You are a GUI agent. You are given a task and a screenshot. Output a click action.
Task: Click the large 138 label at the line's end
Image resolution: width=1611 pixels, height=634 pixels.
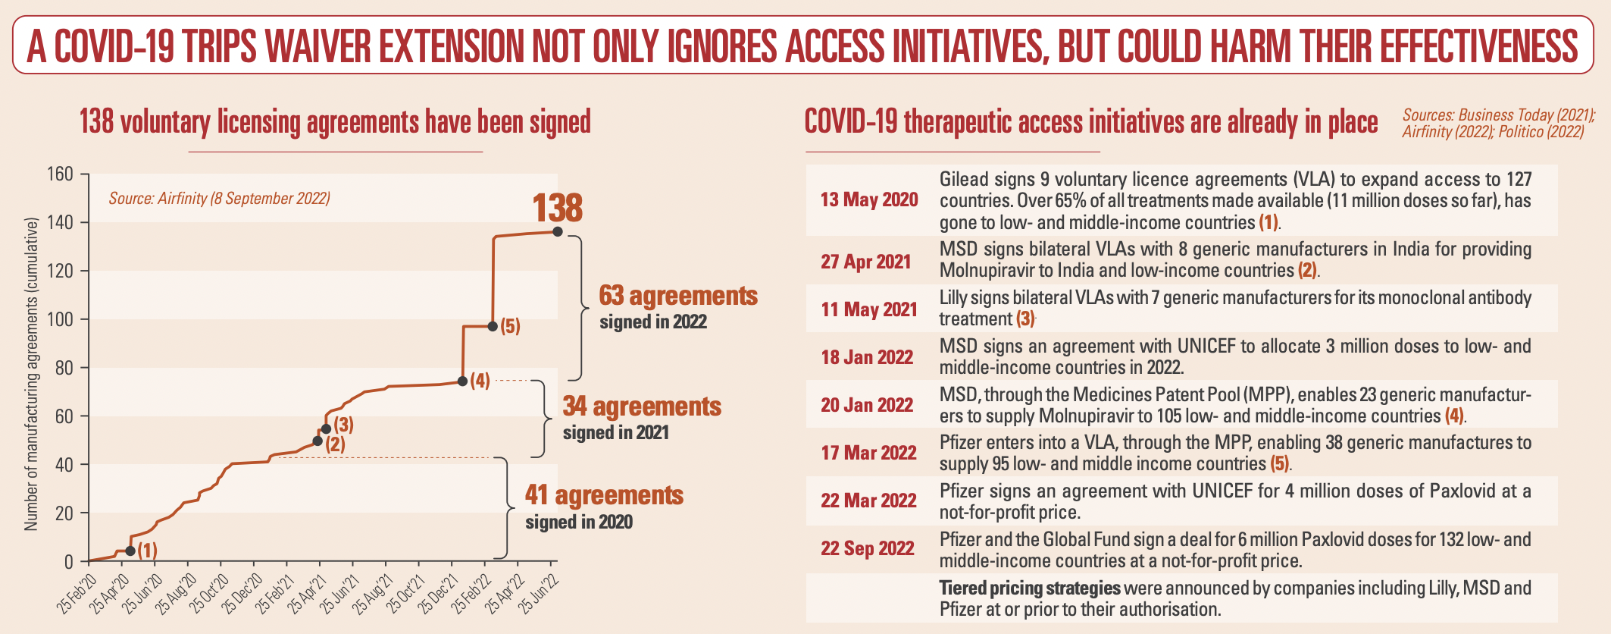coord(557,208)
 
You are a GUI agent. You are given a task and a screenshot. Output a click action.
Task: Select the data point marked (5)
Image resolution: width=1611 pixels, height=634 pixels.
coord(493,326)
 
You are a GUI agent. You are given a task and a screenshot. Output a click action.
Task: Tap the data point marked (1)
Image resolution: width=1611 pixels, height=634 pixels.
coord(130,551)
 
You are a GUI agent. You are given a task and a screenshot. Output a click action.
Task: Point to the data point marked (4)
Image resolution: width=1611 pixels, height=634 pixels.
coord(462,381)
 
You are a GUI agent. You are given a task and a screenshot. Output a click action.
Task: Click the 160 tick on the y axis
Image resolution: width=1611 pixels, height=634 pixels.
coord(61,174)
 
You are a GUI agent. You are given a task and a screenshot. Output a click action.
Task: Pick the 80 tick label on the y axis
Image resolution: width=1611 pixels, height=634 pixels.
coord(64,368)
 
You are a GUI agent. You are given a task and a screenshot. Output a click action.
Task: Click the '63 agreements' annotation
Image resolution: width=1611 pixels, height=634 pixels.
coord(678,296)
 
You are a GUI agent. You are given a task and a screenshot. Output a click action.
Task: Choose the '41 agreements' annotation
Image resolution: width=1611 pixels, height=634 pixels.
coord(604,495)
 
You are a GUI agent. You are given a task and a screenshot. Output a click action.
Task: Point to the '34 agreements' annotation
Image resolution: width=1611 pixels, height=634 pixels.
coord(642,406)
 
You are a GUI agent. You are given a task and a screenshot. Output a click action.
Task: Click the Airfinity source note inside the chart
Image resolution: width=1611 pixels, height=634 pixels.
coord(219,199)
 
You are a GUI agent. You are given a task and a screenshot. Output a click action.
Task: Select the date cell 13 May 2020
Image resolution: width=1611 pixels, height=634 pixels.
coord(868,199)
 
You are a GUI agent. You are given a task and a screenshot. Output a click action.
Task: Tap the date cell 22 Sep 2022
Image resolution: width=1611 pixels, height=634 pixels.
coord(868,548)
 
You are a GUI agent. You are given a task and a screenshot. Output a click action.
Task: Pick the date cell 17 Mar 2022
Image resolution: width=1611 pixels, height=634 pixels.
coord(868,453)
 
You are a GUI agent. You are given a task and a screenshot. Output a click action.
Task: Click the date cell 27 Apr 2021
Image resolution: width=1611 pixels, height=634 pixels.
coord(865,262)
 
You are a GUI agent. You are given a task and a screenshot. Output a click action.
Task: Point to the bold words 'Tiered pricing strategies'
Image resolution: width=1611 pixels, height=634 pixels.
coord(1029,588)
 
